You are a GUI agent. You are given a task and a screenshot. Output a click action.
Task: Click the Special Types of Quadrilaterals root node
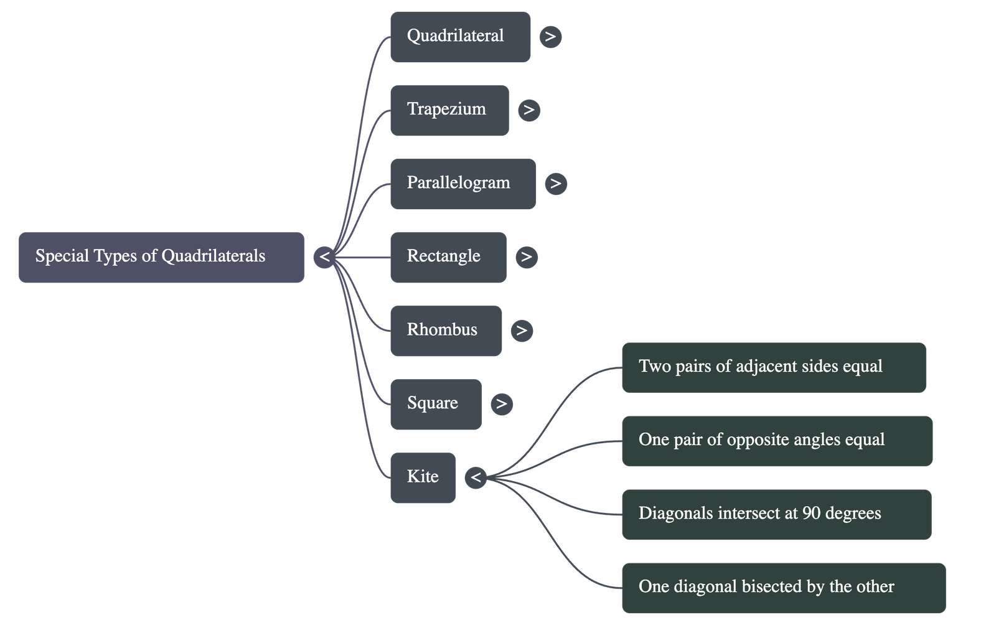[161, 258]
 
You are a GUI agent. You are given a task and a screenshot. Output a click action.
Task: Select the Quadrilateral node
[460, 37]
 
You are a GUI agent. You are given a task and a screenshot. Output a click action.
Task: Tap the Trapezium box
[449, 110]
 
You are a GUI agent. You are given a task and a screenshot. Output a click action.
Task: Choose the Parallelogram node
[463, 184]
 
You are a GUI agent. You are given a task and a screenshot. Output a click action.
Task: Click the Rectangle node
[448, 258]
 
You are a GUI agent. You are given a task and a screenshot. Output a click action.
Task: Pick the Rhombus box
[446, 331]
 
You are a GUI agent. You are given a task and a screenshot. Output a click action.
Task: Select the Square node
[435, 404]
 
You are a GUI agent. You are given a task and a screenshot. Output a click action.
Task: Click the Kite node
[423, 477]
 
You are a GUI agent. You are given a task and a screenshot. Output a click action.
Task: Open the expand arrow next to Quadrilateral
[550, 37]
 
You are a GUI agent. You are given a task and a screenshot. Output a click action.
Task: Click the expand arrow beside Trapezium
[529, 110]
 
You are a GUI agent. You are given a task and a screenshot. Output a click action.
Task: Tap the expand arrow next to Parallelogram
[555, 184]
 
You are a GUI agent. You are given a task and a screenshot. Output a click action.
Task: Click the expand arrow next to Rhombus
[522, 331]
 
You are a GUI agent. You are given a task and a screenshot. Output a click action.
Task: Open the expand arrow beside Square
[501, 404]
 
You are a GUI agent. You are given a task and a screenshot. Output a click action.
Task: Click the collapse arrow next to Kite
[476, 477]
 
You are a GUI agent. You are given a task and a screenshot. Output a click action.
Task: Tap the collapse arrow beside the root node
[324, 257]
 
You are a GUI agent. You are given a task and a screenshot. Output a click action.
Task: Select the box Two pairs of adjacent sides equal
[773, 367]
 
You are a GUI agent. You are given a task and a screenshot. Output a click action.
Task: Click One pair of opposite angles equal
[777, 441]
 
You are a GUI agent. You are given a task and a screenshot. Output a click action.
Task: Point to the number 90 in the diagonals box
[811, 514]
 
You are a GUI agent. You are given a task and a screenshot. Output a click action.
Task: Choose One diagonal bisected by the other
[783, 588]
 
